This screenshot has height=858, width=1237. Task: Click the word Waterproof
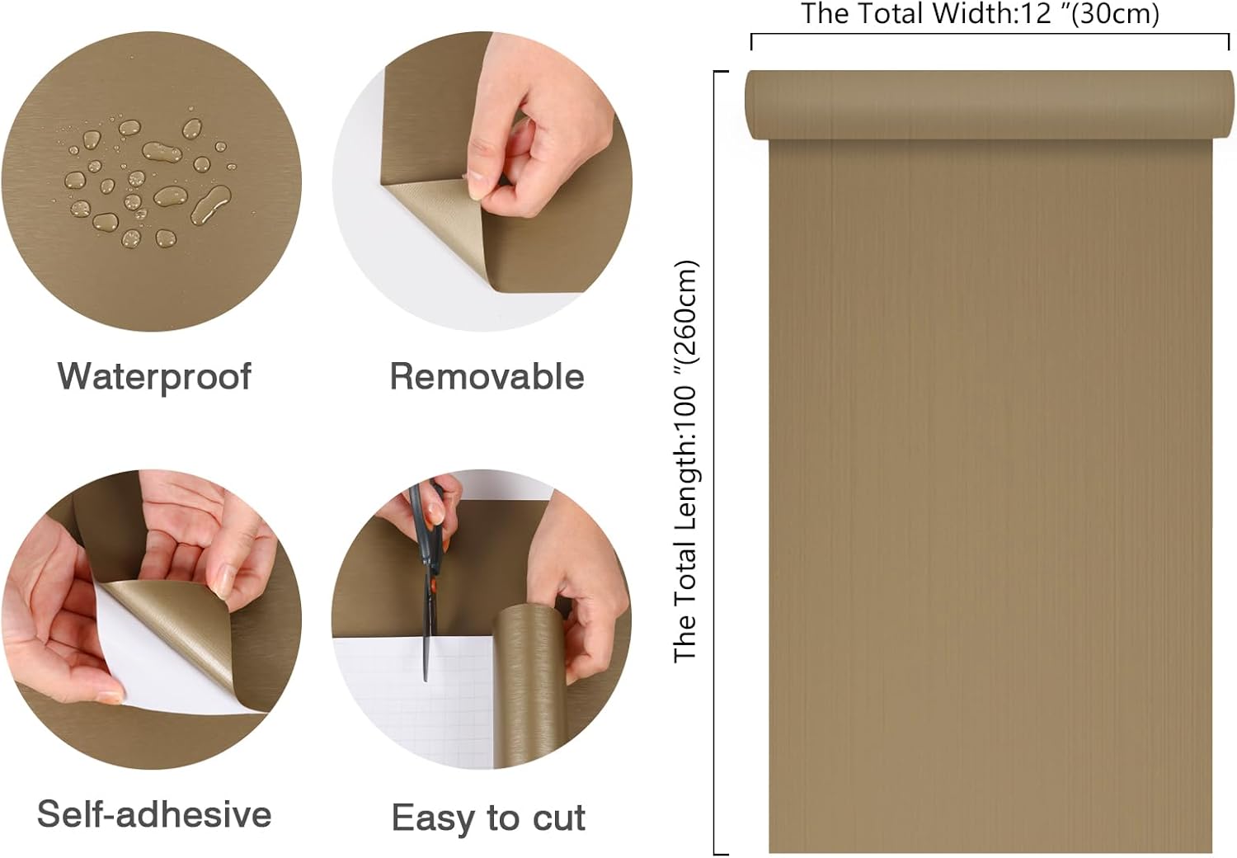coord(155,377)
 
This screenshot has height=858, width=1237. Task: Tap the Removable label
coord(487,377)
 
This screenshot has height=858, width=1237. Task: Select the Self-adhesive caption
coord(154,814)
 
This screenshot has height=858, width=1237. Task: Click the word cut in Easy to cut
coord(558,818)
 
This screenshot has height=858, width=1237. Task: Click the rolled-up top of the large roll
coord(990,105)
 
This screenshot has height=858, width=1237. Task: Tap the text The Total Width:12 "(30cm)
coord(981,14)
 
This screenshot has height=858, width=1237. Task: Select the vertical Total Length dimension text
coord(686,461)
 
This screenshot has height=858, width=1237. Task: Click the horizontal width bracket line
coord(990,35)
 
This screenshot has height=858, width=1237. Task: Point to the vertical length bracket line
coord(715,463)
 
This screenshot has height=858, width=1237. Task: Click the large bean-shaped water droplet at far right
coord(211,204)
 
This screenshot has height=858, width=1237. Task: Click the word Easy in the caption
coord(435,818)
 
